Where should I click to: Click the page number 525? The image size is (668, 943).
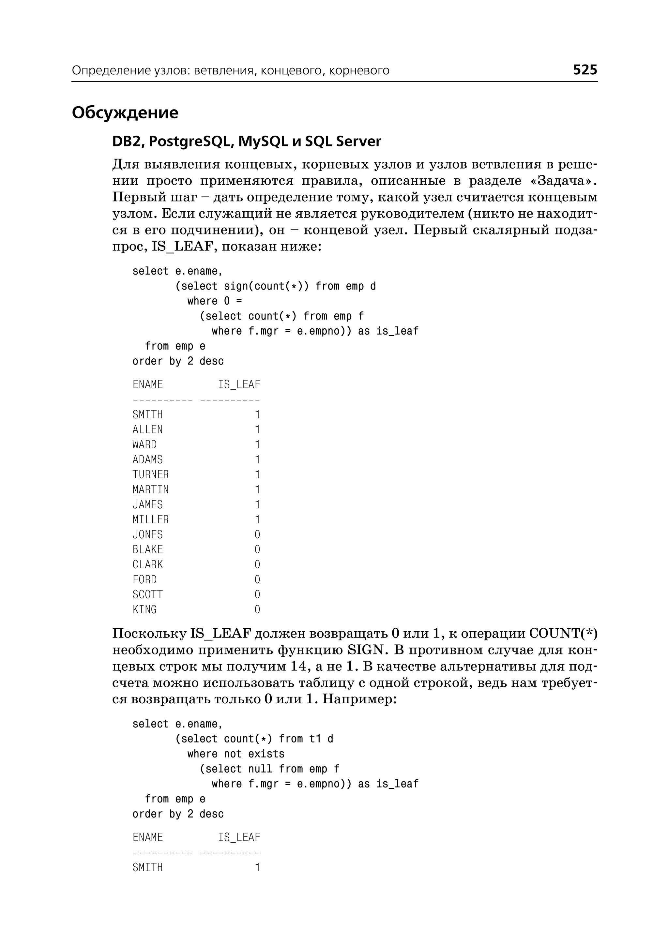584,69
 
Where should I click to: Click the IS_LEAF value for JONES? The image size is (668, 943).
257,535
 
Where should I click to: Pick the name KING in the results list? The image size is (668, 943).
144,609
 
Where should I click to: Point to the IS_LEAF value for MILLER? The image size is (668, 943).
257,519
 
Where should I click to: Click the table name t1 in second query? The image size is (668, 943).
315,739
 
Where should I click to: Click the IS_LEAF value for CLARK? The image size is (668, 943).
257,565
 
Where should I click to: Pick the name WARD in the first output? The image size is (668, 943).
144,444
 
